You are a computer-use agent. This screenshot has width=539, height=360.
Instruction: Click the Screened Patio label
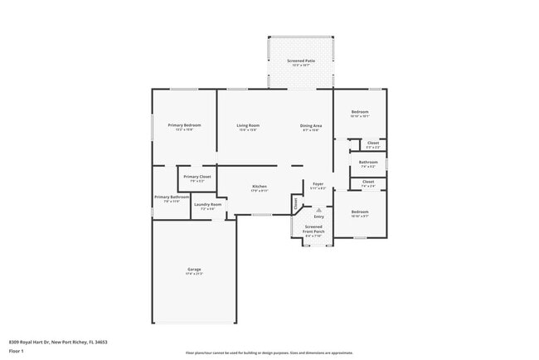pyautogui.click(x=300, y=61)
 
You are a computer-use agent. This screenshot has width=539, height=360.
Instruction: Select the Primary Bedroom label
pyautogui.click(x=184, y=125)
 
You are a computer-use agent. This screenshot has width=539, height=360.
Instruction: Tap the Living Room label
pyautogui.click(x=248, y=125)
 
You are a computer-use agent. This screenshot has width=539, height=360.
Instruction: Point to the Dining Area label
pyautogui.click(x=311, y=125)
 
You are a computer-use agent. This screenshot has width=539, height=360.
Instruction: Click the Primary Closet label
pyautogui.click(x=197, y=177)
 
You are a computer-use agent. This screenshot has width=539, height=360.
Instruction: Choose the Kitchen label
pyautogui.click(x=259, y=187)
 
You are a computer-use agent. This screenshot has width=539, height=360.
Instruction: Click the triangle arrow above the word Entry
pyautogui.click(x=318, y=210)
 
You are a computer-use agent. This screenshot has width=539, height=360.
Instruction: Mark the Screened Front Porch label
pyautogui.click(x=313, y=229)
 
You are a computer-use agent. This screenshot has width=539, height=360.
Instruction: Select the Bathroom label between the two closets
pyautogui.click(x=368, y=162)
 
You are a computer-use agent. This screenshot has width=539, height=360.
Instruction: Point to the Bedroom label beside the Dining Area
pyautogui.click(x=359, y=112)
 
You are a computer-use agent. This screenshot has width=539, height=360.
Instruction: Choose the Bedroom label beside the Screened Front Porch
pyautogui.click(x=359, y=212)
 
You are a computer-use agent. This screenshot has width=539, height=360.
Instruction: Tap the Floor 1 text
pyautogui.click(x=17, y=351)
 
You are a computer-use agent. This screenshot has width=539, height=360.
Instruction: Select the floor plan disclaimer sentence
pyautogui.click(x=269, y=352)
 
